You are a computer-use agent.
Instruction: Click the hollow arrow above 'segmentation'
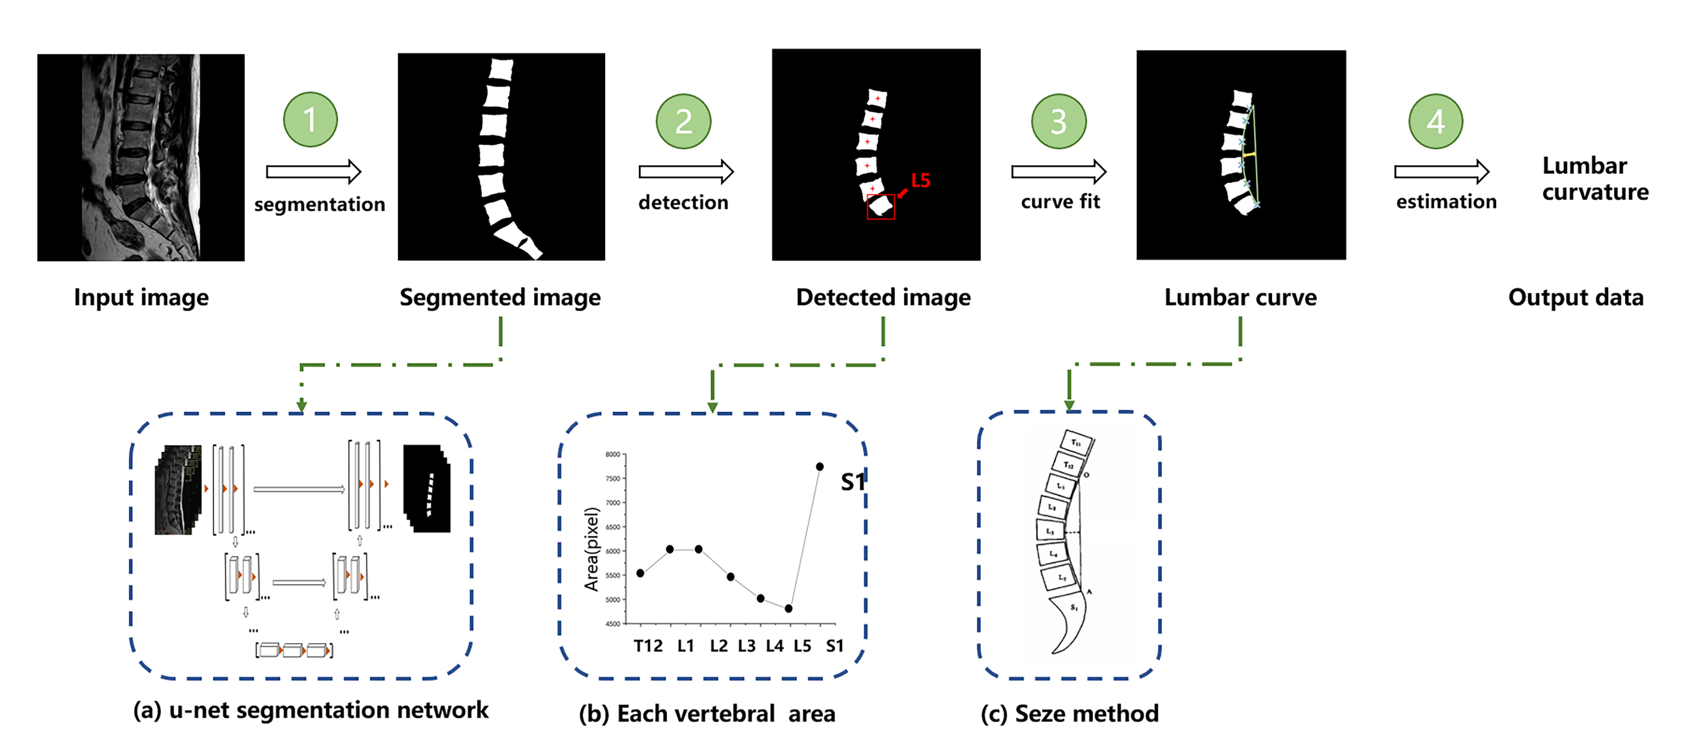313,172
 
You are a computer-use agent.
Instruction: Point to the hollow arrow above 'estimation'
1441,172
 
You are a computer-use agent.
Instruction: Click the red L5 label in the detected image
920,180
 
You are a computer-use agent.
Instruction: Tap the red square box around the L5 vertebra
881,207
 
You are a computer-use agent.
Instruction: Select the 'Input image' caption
141,297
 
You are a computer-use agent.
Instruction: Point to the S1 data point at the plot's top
819,466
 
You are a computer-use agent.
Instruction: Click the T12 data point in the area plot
640,574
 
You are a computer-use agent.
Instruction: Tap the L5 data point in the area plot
788,608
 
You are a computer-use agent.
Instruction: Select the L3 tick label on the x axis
746,646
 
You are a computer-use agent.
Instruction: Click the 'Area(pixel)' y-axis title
591,549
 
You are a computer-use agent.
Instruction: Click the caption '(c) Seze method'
1069,714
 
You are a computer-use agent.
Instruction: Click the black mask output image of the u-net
427,489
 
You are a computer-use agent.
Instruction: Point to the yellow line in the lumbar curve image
1248,154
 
